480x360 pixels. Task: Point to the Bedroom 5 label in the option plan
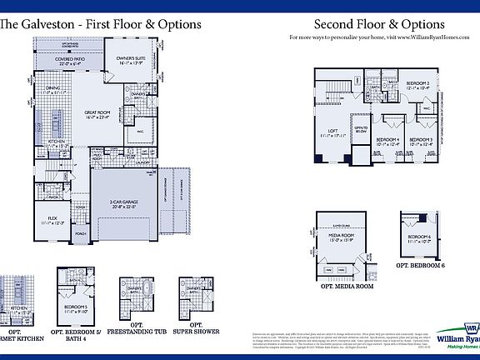coord(77,307)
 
